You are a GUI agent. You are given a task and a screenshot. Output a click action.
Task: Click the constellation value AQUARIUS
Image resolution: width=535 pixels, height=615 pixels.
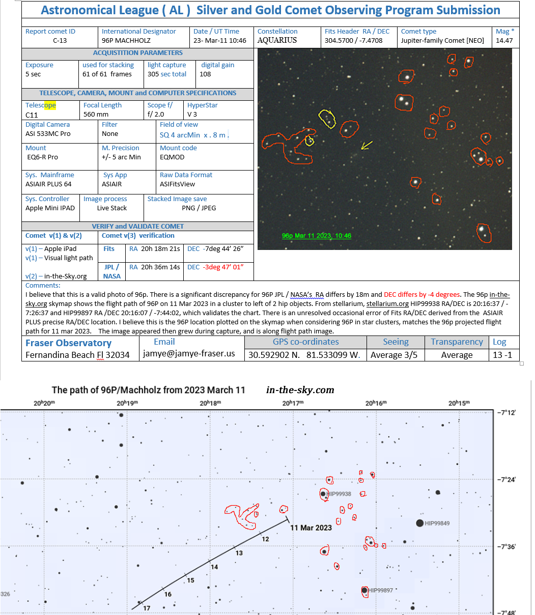coord(277,40)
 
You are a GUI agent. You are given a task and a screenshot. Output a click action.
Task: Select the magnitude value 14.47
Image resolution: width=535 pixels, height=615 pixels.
coord(504,40)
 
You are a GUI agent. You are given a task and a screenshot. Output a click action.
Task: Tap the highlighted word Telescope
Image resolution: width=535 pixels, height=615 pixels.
coord(41,105)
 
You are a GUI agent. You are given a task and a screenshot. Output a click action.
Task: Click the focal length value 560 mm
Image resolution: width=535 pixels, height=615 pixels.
coord(96,115)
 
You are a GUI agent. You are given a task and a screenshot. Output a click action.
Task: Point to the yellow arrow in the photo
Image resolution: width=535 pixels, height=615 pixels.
coord(366,146)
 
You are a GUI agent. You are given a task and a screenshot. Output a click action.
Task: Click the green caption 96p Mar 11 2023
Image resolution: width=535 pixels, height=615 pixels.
coord(316,236)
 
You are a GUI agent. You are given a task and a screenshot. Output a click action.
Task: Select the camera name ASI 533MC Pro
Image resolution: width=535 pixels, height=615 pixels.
coord(48,134)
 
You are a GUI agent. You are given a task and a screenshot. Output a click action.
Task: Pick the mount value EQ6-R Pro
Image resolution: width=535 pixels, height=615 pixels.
coord(43,157)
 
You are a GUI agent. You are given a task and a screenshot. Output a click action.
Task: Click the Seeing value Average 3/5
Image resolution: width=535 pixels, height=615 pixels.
coord(393,355)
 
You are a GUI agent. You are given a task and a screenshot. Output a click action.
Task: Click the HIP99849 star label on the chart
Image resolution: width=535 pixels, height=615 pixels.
coord(437,523)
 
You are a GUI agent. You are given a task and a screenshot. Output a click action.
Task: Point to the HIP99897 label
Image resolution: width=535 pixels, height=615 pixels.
coord(381,591)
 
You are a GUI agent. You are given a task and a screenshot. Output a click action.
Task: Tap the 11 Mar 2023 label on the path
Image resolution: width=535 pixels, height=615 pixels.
coord(311,527)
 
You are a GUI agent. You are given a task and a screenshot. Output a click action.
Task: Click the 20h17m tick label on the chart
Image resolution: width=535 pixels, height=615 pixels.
coord(293,403)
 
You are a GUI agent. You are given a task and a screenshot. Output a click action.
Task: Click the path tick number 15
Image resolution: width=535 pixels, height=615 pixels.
coord(190,580)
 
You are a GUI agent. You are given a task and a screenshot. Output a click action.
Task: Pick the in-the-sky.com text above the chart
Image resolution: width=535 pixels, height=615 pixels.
coord(300,390)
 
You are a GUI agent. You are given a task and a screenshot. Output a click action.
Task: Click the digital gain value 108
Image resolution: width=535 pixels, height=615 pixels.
coord(205,74)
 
